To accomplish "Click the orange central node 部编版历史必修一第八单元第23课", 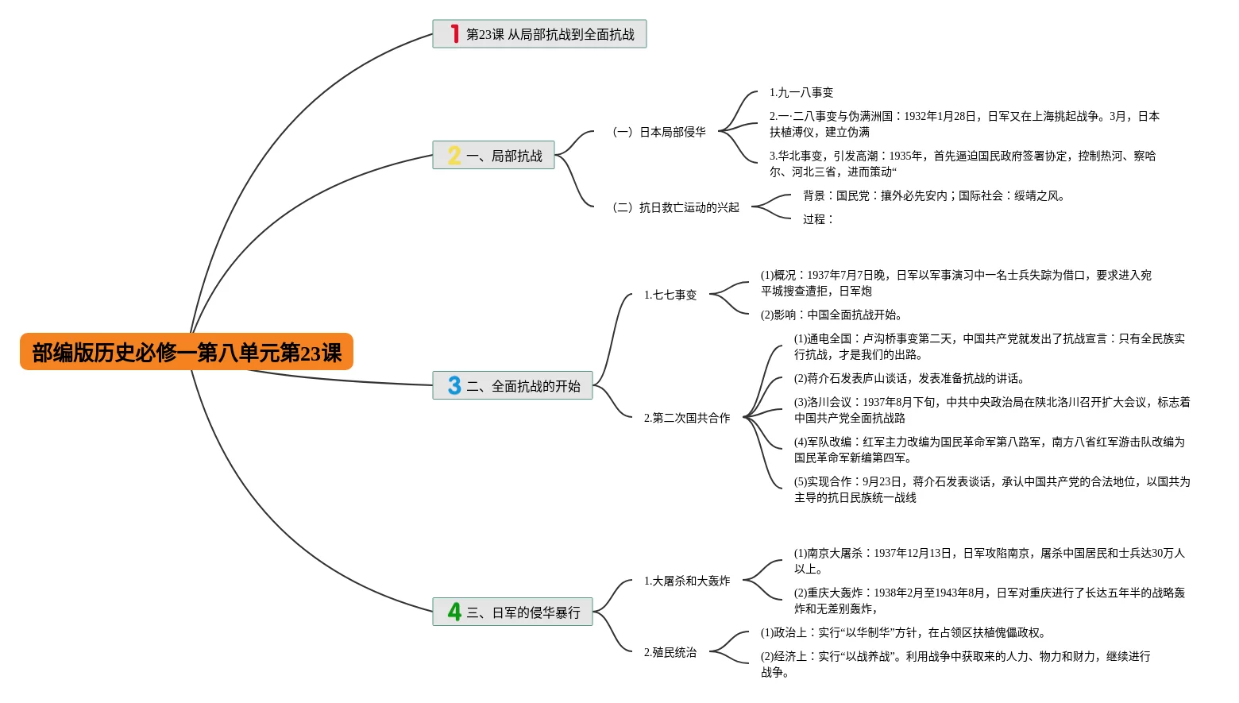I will click(x=187, y=352).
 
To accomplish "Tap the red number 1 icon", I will click(x=454, y=34).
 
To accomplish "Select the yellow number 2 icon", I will click(x=454, y=156).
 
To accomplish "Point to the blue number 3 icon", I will click(x=454, y=386).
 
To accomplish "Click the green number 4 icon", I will click(x=454, y=612).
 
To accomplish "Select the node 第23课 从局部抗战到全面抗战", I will click(x=550, y=34).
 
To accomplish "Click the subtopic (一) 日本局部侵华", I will click(x=658, y=132).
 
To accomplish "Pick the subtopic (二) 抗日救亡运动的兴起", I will click(x=675, y=207).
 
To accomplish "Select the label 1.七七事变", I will click(x=670, y=295).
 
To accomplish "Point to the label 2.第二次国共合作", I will click(x=686, y=418).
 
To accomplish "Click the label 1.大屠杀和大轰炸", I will click(x=686, y=581).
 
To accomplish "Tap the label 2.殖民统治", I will click(x=670, y=652).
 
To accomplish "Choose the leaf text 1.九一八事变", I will click(x=801, y=92).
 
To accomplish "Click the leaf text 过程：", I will click(x=817, y=219).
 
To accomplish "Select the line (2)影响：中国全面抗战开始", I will click(x=831, y=315).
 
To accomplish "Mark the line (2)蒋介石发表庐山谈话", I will click(x=909, y=378).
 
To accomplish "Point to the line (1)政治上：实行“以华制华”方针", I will click(x=903, y=632).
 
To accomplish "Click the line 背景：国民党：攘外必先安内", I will click(x=933, y=195).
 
